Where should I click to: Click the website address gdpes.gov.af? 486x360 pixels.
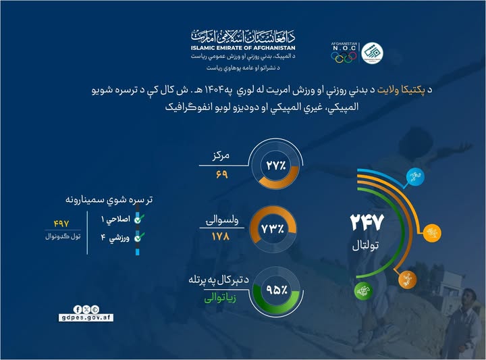(x=88, y=317)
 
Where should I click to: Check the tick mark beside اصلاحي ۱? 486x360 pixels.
(x=138, y=220)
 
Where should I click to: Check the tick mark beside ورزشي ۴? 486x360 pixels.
(x=138, y=237)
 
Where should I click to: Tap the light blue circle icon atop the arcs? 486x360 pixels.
(x=412, y=178)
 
